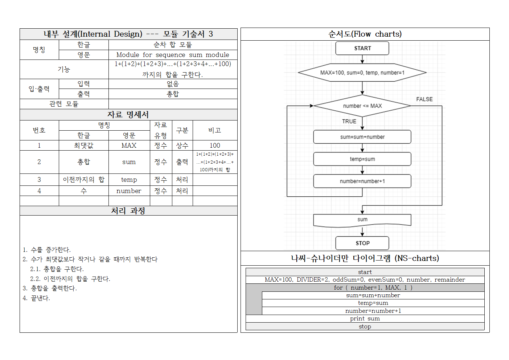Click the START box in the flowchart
pyautogui.click(x=362, y=48)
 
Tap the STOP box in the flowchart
pyautogui.click(x=362, y=243)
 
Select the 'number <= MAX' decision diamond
pyautogui.click(x=362, y=106)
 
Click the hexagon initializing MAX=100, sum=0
pyautogui.click(x=362, y=73)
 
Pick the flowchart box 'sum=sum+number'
pyautogui.click(x=362, y=137)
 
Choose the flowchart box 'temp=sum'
pyautogui.click(x=362, y=159)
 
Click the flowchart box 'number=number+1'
pyautogui.click(x=362, y=181)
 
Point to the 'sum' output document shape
pyautogui.click(x=362, y=220)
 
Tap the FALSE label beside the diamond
pyautogui.click(x=424, y=99)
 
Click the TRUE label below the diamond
pyautogui.click(x=349, y=121)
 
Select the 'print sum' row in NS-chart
pyautogui.click(x=365, y=319)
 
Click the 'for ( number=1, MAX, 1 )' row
pyautogui.click(x=373, y=287)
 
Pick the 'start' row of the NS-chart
pyautogui.click(x=365, y=272)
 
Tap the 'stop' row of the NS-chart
pyautogui.click(x=365, y=327)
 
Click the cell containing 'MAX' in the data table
pyautogui.click(x=129, y=146)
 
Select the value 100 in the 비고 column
pyautogui.click(x=215, y=146)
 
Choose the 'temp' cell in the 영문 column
pyautogui.click(x=129, y=180)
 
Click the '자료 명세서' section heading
pyautogui.click(x=128, y=115)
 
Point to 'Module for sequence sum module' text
pyautogui.click(x=173, y=55)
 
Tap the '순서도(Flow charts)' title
pyautogui.click(x=365, y=34)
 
